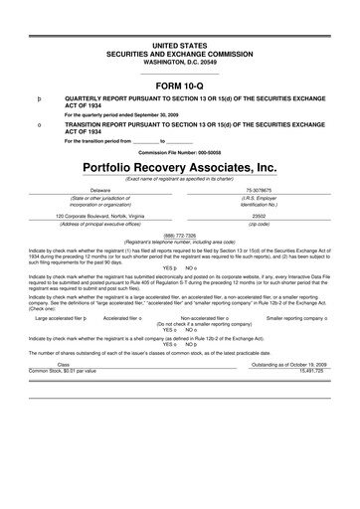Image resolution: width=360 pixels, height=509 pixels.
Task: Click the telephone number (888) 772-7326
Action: pos(180,235)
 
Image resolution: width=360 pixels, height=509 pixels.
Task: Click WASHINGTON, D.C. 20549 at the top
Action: pos(180,63)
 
